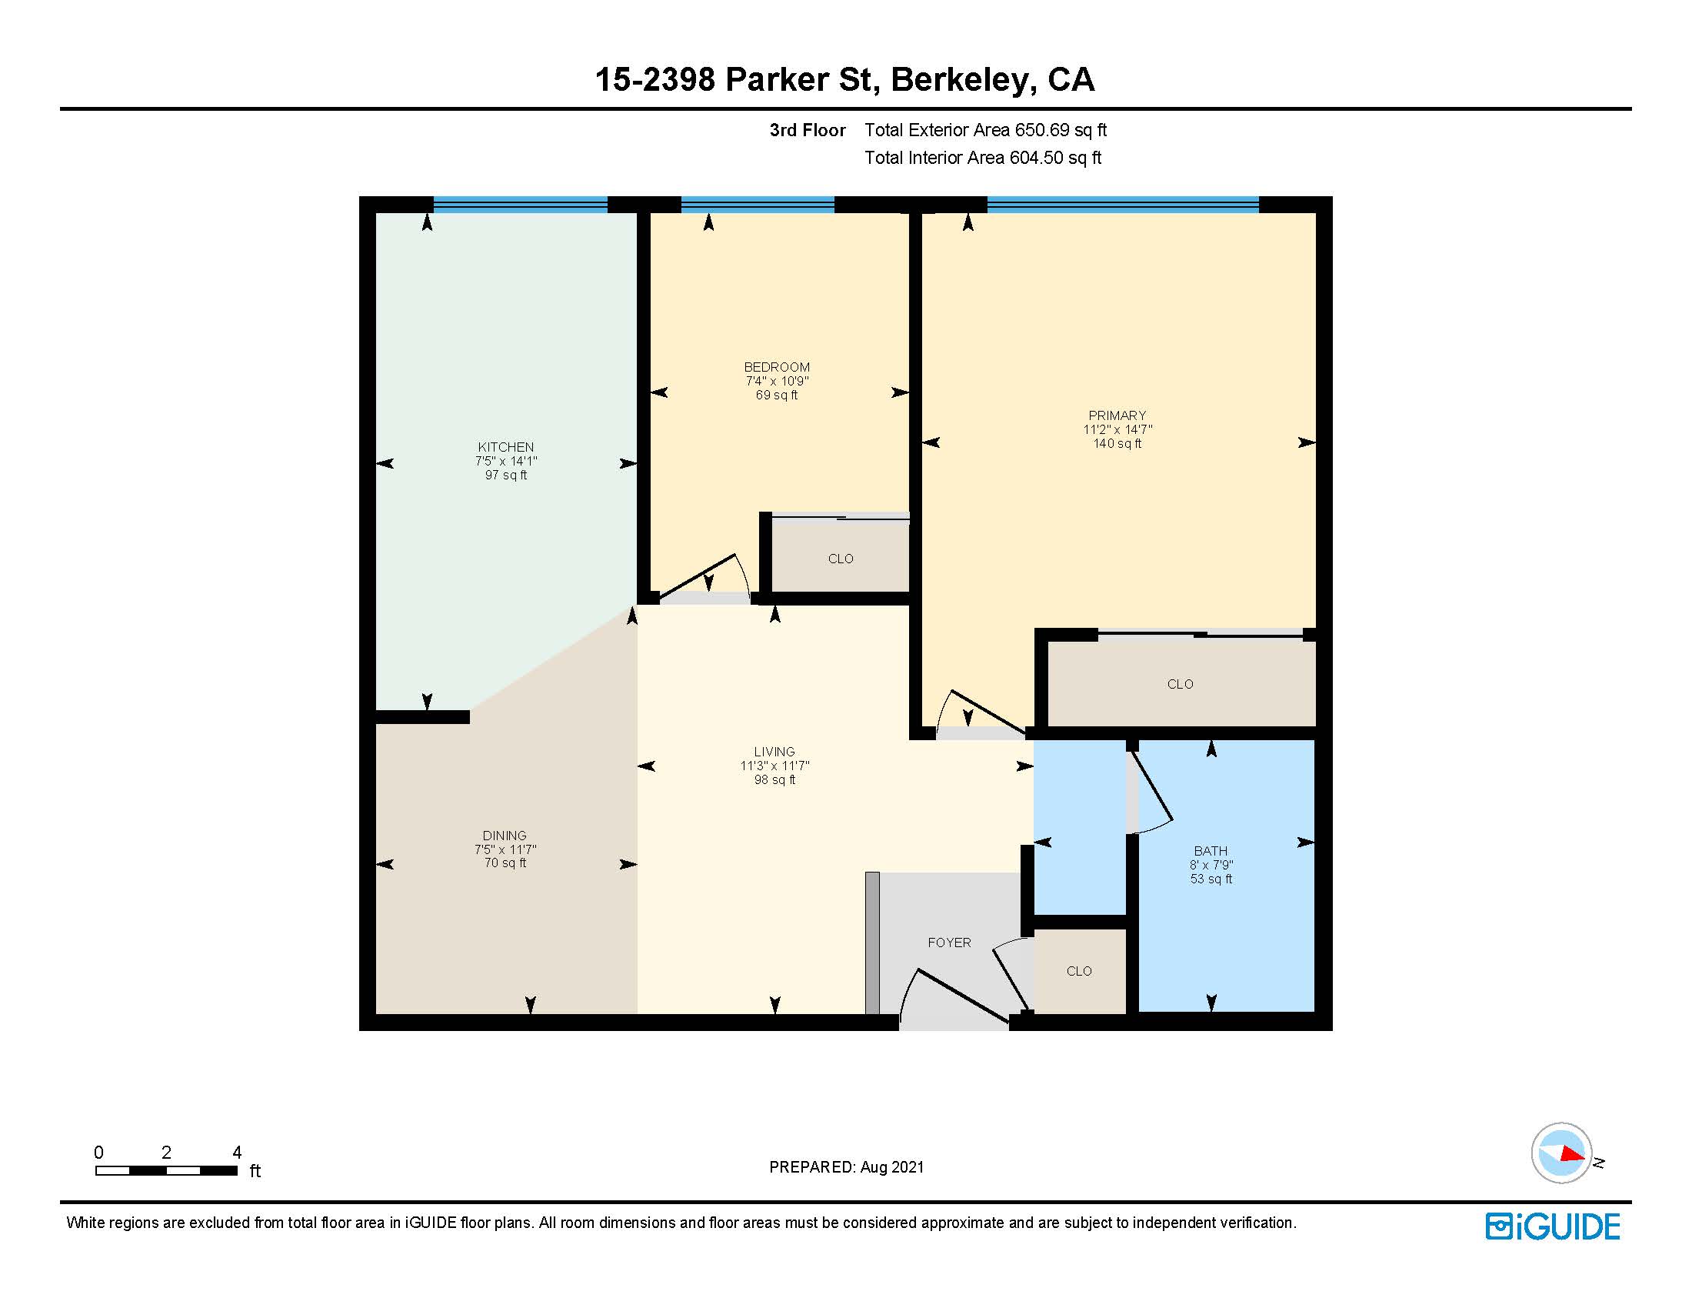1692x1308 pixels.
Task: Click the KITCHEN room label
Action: (x=505, y=447)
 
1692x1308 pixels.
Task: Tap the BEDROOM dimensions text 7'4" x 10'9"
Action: (x=776, y=381)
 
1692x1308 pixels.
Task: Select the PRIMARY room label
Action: (x=1117, y=415)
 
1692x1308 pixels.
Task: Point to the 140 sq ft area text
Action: (x=1117, y=443)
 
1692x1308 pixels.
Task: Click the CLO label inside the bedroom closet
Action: (x=840, y=559)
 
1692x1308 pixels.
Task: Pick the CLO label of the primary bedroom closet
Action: (x=1179, y=684)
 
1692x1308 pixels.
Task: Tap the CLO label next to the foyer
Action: (x=1078, y=971)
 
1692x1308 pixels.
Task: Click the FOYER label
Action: (x=948, y=943)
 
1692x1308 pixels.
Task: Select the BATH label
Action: (x=1210, y=851)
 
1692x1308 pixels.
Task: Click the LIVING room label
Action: (x=774, y=752)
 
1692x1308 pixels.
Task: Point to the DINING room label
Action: (x=505, y=836)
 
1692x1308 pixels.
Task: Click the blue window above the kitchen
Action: (x=520, y=205)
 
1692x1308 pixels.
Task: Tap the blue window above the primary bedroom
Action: (x=1122, y=205)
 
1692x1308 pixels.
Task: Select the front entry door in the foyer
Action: (x=962, y=996)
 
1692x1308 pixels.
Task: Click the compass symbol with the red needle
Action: (x=1561, y=1153)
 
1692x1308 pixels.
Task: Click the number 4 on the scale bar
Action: (x=236, y=1153)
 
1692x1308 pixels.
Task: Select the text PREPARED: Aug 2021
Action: (x=846, y=1167)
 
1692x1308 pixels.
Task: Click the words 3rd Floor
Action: (x=807, y=130)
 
